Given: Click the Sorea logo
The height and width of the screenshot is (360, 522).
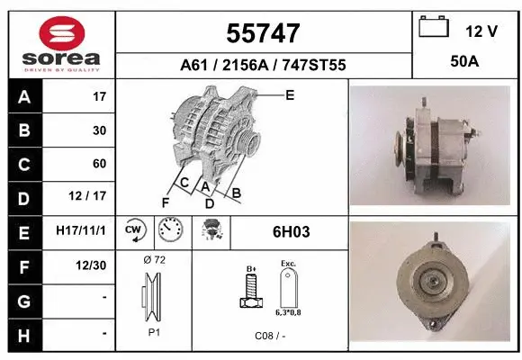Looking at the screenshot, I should point(61,44).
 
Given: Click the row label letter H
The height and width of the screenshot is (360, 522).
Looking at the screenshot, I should point(24,333).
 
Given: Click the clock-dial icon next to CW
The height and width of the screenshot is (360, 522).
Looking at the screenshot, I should point(170,230).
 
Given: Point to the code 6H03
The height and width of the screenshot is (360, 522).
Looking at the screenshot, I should point(291,231).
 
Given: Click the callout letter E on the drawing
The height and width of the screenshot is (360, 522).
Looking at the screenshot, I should point(290,94).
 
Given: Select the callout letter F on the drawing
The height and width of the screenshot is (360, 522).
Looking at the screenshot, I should point(166,202).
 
